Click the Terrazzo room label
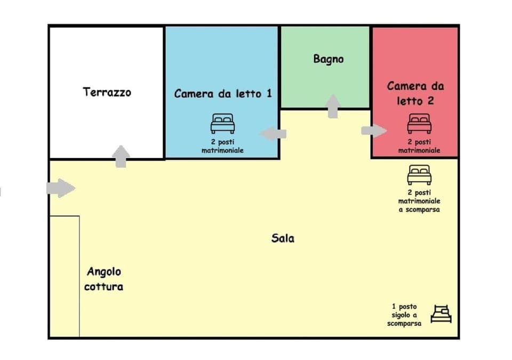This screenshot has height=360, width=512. point(107,92)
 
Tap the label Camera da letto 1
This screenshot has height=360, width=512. point(222,93)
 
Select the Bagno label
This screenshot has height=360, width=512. point(328,59)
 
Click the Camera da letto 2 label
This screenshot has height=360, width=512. point(415,93)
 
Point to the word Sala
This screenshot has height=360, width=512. point(283,238)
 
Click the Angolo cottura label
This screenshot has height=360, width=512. point(103,279)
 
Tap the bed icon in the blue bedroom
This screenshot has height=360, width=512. point(222,124)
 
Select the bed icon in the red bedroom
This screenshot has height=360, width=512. point(419,124)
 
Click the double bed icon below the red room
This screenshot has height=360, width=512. point(419,175)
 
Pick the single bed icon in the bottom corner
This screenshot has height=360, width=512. point(441,314)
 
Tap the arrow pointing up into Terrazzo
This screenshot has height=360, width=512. point(122,156)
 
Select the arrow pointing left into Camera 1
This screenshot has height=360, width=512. point(273,133)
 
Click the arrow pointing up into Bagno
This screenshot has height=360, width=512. point(333,106)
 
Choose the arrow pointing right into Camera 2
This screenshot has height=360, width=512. point(374,131)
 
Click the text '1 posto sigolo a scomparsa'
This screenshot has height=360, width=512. point(404,315)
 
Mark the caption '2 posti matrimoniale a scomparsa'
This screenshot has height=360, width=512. point(419,201)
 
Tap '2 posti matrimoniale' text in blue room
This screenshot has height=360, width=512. point(222,147)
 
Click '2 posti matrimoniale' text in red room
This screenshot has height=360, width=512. point(419,147)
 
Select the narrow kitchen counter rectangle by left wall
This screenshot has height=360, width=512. point(65,276)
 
